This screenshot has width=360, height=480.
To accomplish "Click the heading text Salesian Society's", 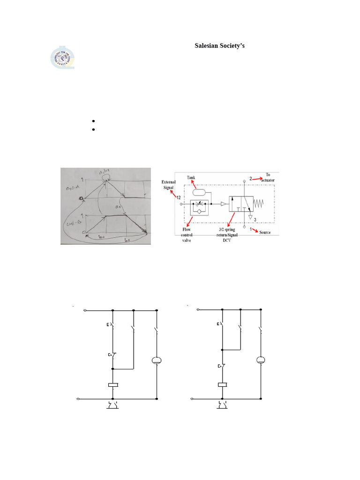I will pyautogui.click(x=220, y=46).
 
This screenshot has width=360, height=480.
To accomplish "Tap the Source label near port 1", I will pyautogui.click(x=265, y=232).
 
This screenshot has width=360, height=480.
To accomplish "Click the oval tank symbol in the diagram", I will pyautogui.click(x=200, y=191).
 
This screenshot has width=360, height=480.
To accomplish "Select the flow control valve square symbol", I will pyautogui.click(x=200, y=209).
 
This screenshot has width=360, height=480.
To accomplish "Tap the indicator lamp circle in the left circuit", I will pyautogui.click(x=157, y=360).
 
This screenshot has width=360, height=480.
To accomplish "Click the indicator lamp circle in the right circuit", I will pyautogui.click(x=261, y=360).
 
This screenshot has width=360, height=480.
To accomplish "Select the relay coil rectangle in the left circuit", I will pyautogui.click(x=113, y=385).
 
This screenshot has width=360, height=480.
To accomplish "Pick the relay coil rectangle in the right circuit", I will pyautogui.click(x=223, y=385).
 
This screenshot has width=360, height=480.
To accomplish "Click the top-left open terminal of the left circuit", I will pyautogui.click(x=84, y=310).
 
